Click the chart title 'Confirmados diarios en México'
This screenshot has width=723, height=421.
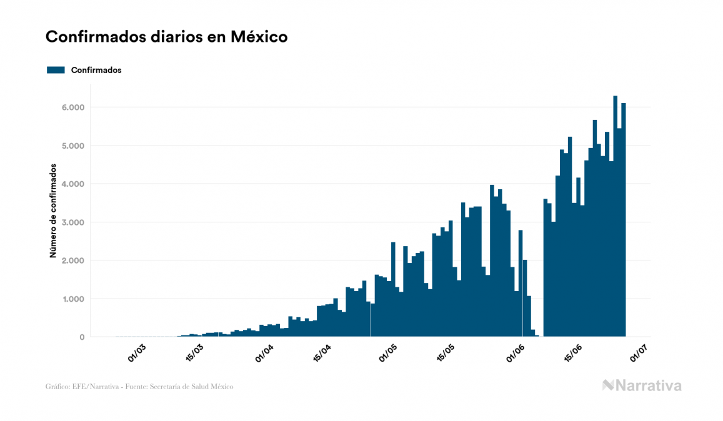point(166,37)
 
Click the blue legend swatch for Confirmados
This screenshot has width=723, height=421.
point(56,70)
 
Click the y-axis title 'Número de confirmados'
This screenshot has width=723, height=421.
point(54,211)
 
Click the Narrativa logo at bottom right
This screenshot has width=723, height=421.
point(642,385)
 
